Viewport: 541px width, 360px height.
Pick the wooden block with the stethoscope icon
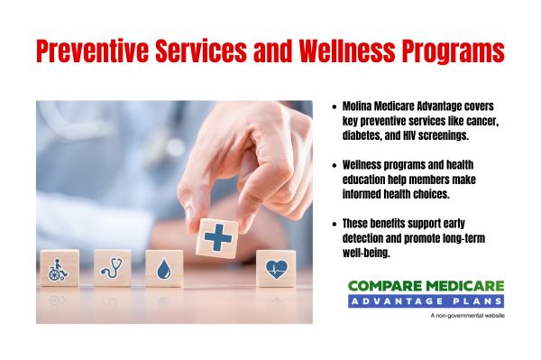(x=113, y=268)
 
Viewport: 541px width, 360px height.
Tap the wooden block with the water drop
(x=164, y=268)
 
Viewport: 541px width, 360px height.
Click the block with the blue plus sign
(x=217, y=238)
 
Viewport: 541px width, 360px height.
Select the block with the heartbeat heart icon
(x=275, y=268)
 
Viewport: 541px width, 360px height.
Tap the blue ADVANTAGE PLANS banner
(x=426, y=300)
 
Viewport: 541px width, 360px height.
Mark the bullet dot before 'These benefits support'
(x=335, y=223)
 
